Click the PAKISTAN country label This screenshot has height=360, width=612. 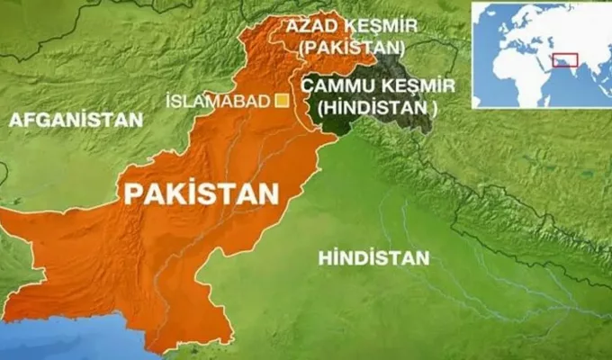pyautogui.click(x=201, y=193)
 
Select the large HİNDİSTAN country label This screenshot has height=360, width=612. pyautogui.click(x=373, y=258)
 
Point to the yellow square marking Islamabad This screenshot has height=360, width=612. pyautogui.click(x=282, y=101)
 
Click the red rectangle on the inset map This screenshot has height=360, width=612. pyautogui.click(x=563, y=60)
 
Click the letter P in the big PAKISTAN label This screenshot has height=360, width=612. pyautogui.click(x=132, y=193)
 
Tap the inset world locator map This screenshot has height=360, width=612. pyautogui.click(x=539, y=55)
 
